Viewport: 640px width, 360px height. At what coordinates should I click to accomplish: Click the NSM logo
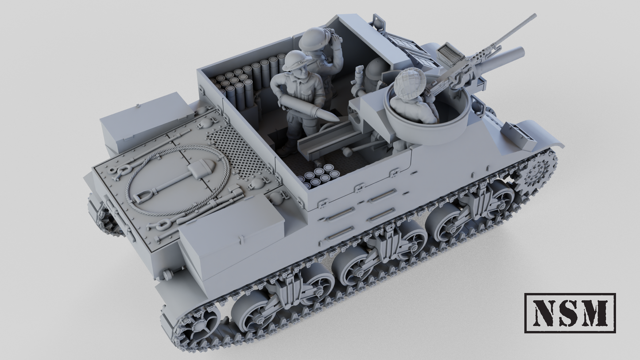click(x=570, y=313)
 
